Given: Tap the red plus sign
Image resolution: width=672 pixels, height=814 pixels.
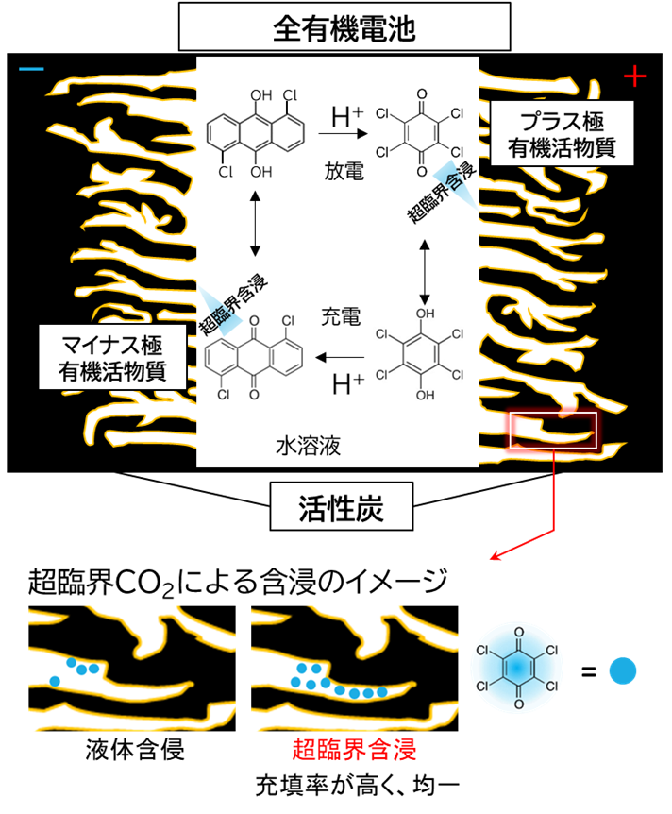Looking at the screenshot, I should [x=635, y=76].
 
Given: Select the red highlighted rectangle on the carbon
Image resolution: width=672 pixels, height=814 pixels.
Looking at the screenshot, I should [x=552, y=431].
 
